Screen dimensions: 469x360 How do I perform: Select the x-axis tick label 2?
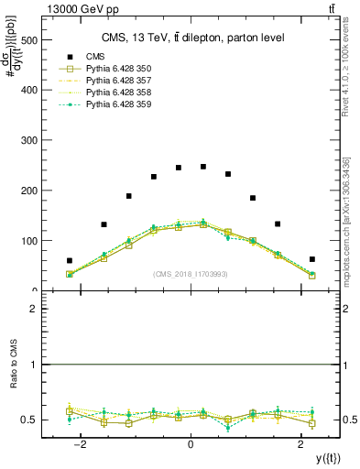(301, 443)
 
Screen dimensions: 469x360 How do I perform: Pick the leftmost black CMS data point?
(70, 261)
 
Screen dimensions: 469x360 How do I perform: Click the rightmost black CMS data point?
(312, 259)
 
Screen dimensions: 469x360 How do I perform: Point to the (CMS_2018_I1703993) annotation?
(191, 273)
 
